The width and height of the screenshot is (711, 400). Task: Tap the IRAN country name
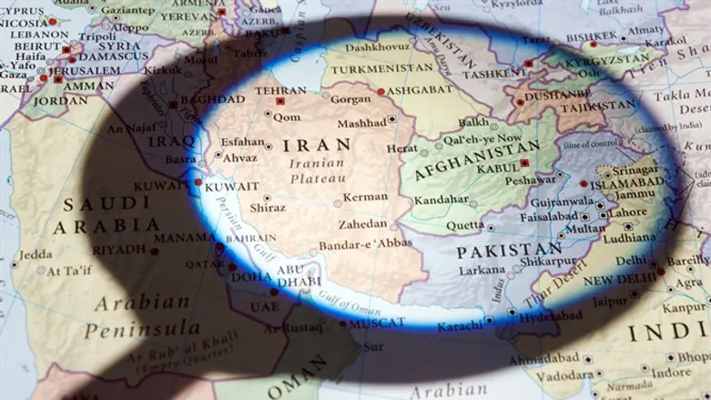(317, 146)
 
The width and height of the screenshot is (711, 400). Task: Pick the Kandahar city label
(441, 200)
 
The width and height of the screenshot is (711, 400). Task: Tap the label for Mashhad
(361, 124)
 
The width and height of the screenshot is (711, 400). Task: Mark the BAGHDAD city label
(213, 100)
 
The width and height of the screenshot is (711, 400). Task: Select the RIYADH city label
(118, 250)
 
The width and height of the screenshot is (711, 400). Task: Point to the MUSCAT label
(378, 323)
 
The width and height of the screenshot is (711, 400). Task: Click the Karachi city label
(459, 326)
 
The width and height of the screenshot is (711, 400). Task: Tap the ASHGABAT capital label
(420, 91)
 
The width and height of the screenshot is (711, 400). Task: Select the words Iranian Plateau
(317, 170)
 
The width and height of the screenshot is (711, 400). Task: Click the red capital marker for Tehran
(279, 101)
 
